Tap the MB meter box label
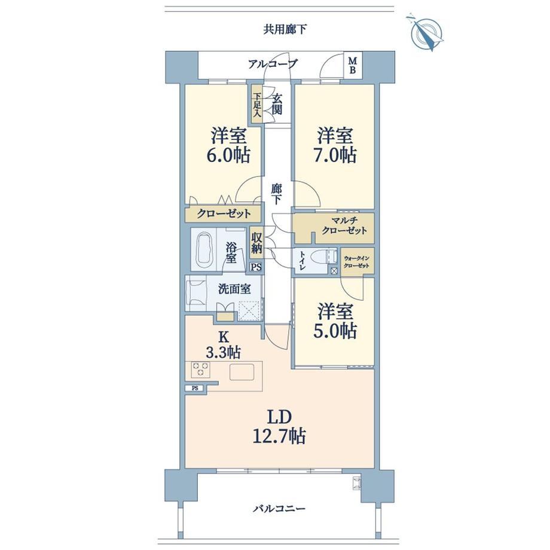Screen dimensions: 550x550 [x=352, y=66]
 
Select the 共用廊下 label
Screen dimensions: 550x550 [x=285, y=29]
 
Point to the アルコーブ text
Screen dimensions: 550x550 [x=273, y=64]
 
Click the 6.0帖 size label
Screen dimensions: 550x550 [x=230, y=155]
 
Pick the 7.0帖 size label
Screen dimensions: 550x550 [x=335, y=155]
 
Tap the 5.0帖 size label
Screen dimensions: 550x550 [x=335, y=331]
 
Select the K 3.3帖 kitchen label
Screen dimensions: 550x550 [x=223, y=345]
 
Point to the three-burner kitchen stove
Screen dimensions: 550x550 [x=201, y=369]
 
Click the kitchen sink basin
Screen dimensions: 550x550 [x=242, y=372]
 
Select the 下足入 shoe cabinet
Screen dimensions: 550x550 [x=256, y=105]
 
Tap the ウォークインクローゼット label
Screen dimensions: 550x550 [x=356, y=262]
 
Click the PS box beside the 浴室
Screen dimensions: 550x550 [x=256, y=267]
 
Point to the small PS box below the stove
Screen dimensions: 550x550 [x=195, y=389]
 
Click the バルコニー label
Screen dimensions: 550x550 [x=279, y=508]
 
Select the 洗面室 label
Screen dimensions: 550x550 [x=234, y=289]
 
